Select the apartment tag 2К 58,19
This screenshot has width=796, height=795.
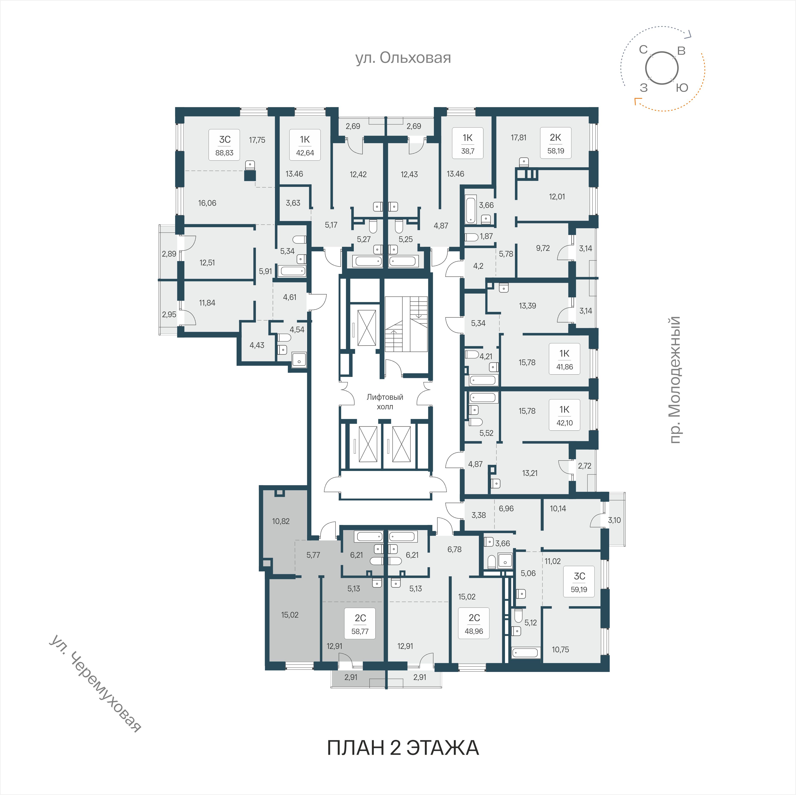pos(555,143)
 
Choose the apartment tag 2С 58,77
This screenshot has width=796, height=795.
pos(360,623)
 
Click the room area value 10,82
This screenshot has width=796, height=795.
pos(281,521)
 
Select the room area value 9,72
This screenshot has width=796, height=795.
pos(543,248)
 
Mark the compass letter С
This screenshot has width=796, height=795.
pos(643,50)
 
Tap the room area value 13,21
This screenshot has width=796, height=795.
pos(530,473)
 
